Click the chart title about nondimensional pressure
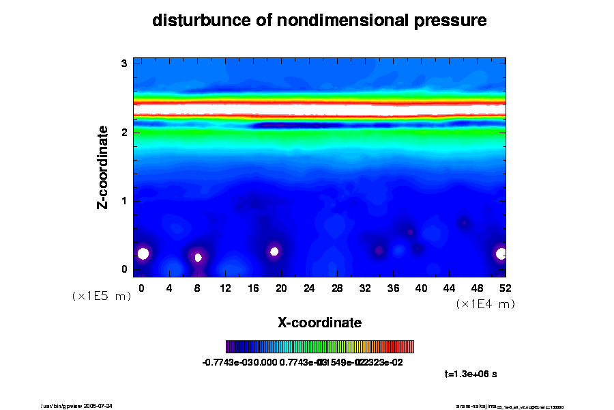click(319, 20)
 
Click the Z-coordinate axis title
click(103, 167)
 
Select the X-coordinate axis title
click(319, 322)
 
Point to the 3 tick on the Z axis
click(124, 63)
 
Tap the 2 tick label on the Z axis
click(124, 132)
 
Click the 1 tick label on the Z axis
click(124, 201)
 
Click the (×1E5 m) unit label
click(102, 297)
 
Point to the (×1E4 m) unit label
click(485, 304)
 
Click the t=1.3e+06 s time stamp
click(474, 374)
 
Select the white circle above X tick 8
click(198, 258)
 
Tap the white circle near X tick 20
click(274, 251)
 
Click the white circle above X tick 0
click(143, 254)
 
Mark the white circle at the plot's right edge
click(501, 254)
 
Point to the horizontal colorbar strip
click(319, 346)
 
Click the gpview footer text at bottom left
click(81, 406)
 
